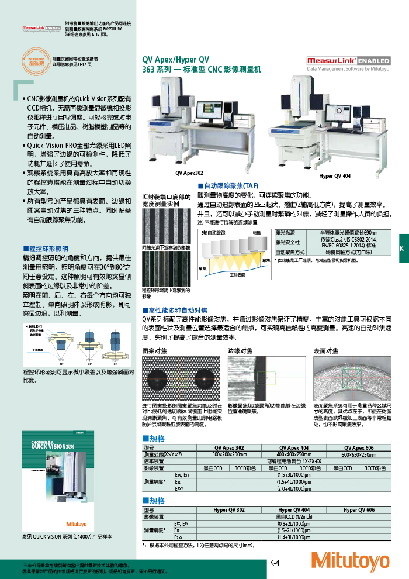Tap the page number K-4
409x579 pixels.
click(275, 563)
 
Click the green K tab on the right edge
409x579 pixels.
click(402, 249)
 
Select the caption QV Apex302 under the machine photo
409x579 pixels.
click(189, 174)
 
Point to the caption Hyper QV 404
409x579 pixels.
click(335, 176)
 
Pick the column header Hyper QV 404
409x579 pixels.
click(294, 510)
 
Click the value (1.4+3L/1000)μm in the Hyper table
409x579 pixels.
click(294, 536)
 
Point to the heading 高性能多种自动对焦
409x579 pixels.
click(178, 310)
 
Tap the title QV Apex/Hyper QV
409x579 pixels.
click(175, 60)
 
